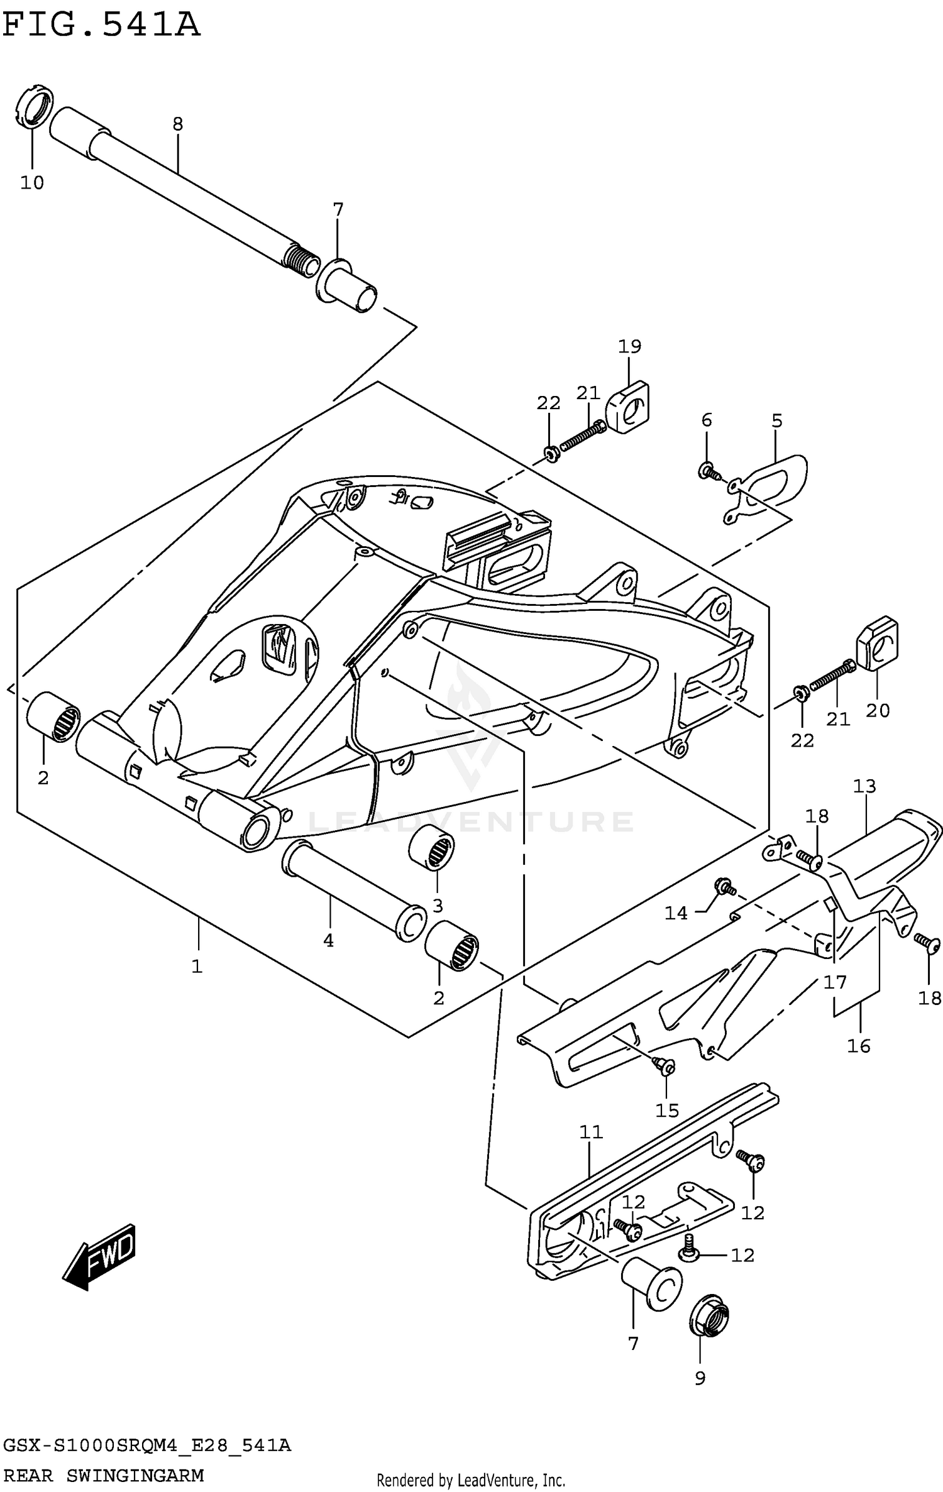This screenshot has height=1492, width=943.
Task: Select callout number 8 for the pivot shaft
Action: (x=178, y=124)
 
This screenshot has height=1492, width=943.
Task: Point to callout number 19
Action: (x=629, y=346)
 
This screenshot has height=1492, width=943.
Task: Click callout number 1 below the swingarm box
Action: (x=197, y=967)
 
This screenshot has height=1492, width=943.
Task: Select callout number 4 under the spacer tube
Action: (x=328, y=941)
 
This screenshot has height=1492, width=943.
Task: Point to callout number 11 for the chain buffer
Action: (x=591, y=1132)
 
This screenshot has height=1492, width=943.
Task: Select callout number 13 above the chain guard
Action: (x=864, y=786)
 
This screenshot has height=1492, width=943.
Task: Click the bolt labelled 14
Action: (x=722, y=887)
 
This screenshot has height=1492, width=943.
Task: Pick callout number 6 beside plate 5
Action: (x=707, y=420)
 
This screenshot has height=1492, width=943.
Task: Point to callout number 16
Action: (x=859, y=1046)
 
